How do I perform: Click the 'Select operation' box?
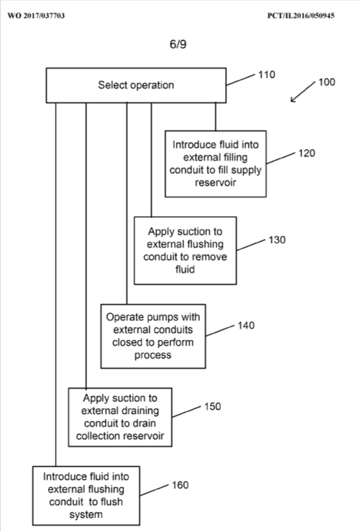[136, 85]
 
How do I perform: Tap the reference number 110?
[266, 74]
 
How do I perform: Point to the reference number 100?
[326, 82]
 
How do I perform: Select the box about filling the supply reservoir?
[215, 163]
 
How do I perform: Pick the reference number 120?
[306, 153]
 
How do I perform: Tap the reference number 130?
[277, 239]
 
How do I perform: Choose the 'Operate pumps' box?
[154, 335]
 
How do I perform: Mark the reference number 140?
[246, 325]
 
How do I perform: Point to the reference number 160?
[180, 485]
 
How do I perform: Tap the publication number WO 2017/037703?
[36, 15]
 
